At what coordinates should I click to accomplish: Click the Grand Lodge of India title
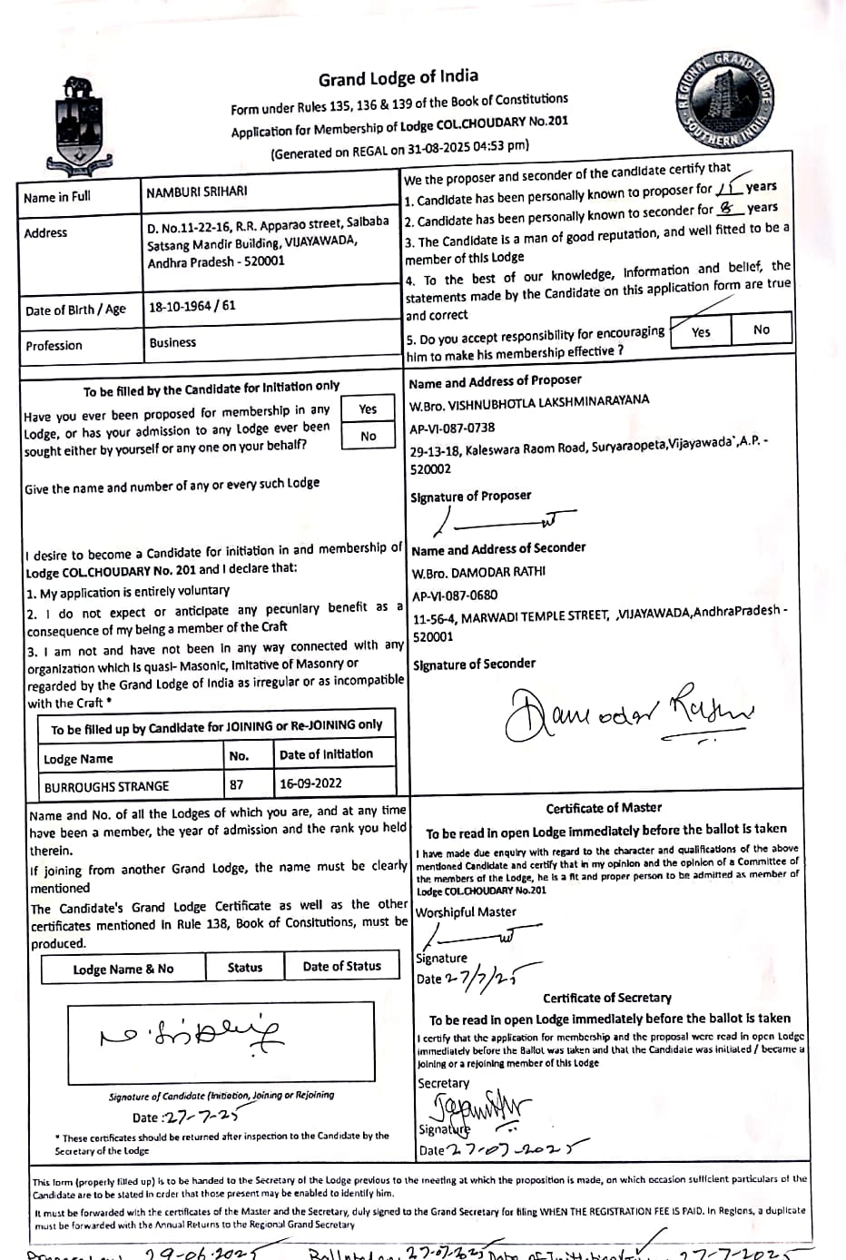point(398,78)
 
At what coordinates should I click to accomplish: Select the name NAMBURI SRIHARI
point(196,192)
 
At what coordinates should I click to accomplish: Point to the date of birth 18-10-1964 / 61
point(192,306)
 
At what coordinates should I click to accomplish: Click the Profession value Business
point(172,342)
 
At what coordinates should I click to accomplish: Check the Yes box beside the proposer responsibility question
point(701,332)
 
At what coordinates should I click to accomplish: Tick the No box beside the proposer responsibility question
point(762,330)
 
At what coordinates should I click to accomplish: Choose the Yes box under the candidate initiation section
point(368,409)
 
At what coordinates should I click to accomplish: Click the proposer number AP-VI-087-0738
point(452,428)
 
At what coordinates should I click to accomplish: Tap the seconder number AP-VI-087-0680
point(455,596)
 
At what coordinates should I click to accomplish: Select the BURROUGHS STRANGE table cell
point(106,786)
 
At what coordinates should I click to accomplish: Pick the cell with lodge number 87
point(237,784)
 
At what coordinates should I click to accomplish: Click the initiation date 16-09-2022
point(310,783)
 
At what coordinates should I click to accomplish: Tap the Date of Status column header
point(341,967)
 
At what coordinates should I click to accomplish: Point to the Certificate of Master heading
point(604,807)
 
